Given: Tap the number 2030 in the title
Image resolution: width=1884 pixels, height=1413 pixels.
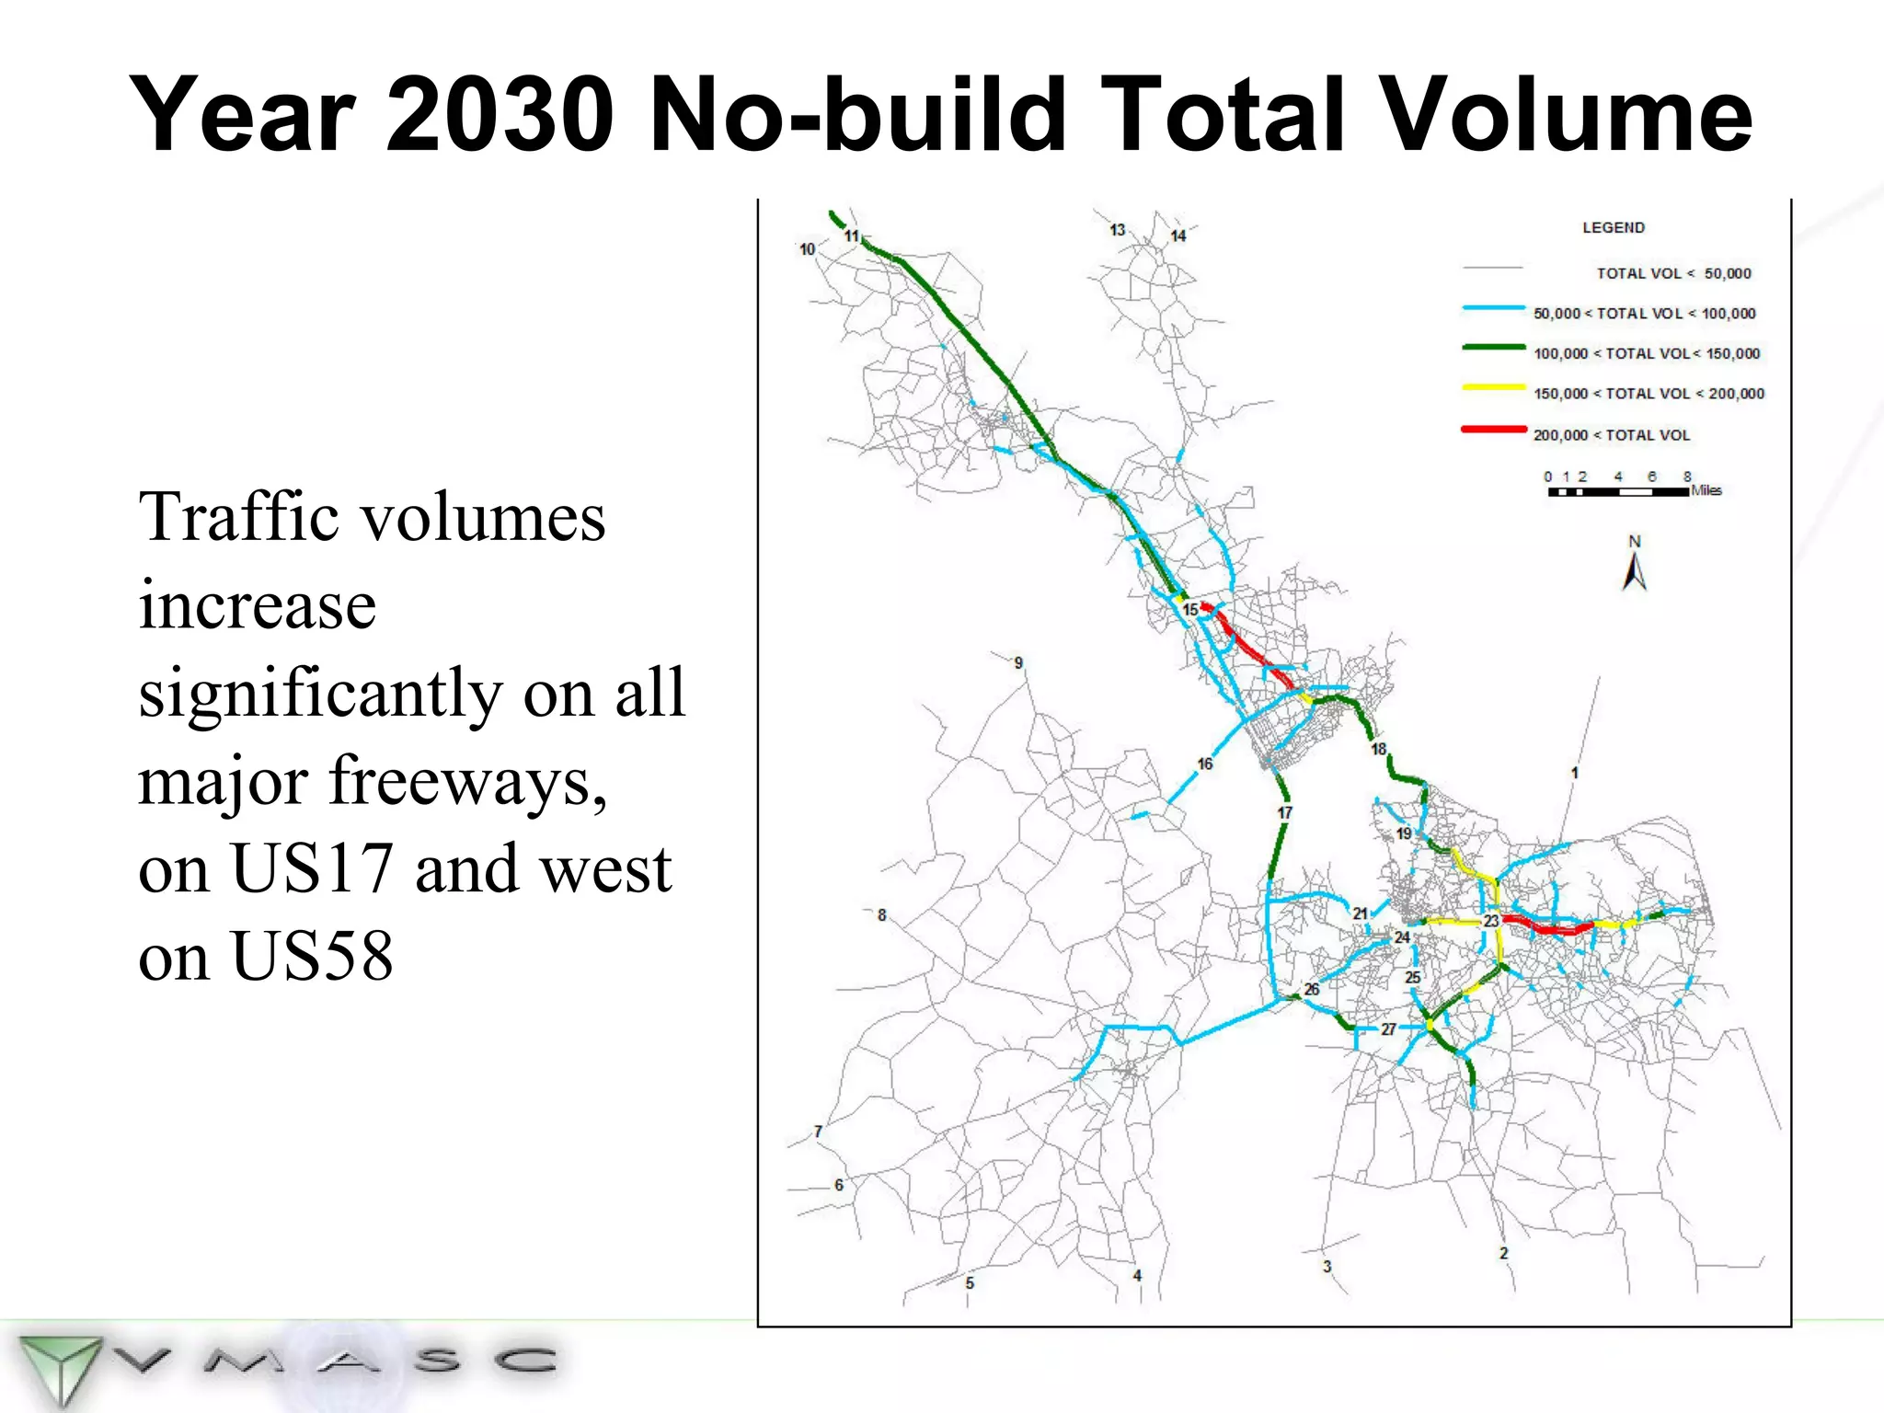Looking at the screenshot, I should (500, 114).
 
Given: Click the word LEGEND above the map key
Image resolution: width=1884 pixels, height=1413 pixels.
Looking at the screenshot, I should (1613, 227).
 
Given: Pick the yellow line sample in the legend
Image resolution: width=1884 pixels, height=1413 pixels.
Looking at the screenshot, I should (1493, 388).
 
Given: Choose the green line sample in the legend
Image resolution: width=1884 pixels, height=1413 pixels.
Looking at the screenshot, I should (1493, 348).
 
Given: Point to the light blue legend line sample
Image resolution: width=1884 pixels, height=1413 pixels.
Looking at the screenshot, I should (1493, 308).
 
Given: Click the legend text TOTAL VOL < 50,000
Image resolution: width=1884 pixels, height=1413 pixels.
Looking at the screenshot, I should (1673, 273).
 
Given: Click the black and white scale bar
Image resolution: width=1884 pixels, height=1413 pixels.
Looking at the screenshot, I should (1618, 492).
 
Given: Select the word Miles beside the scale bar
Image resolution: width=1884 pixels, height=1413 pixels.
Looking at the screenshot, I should (1706, 490).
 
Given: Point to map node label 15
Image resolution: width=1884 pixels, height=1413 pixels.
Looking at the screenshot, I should (1190, 609).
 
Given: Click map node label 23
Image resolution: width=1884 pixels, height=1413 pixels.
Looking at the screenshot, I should (1491, 920).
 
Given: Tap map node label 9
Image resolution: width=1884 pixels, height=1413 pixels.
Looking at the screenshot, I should (1018, 662).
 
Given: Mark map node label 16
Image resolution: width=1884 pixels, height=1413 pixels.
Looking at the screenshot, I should (1205, 764).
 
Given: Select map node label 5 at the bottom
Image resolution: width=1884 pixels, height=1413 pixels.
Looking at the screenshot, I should (970, 1282).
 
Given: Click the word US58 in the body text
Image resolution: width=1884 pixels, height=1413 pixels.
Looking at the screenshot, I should (312, 957).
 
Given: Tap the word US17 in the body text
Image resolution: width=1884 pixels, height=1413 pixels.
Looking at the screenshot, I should (312, 867).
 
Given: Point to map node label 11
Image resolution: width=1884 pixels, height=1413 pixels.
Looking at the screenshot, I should (852, 236).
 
